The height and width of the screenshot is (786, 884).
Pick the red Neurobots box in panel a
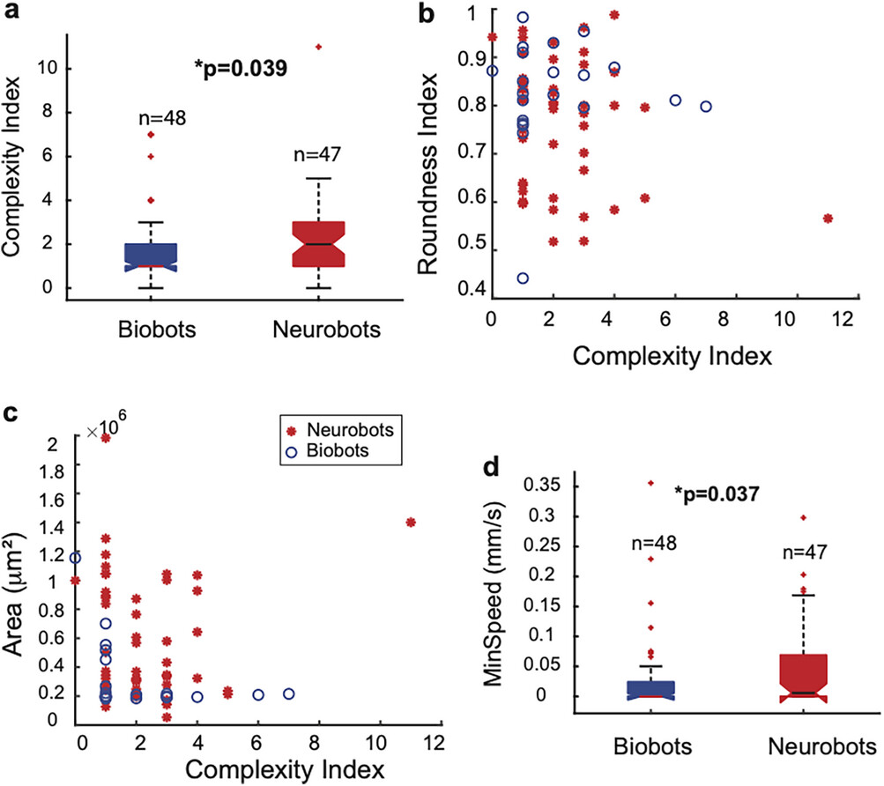(317, 244)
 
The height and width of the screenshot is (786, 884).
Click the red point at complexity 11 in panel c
(410, 523)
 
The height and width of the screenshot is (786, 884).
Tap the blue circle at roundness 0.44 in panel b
(522, 278)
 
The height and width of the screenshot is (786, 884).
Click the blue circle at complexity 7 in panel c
(288, 693)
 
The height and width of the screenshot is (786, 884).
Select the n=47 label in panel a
(317, 156)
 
